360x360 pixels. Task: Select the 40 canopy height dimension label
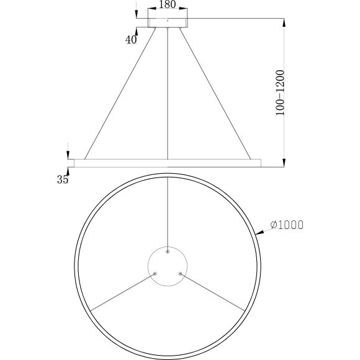131,40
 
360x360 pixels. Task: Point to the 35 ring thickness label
62,180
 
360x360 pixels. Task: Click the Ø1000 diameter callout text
287,225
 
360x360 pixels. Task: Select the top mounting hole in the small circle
168,252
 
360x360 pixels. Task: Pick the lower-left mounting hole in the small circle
155,273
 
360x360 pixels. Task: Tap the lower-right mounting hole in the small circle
180,273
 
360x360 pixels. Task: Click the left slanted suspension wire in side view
119,93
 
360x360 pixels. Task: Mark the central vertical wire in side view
168,93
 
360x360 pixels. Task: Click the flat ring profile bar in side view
168,163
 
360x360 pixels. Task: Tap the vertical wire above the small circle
168,211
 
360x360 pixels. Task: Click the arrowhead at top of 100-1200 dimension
284,23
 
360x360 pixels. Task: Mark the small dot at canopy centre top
168,20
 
